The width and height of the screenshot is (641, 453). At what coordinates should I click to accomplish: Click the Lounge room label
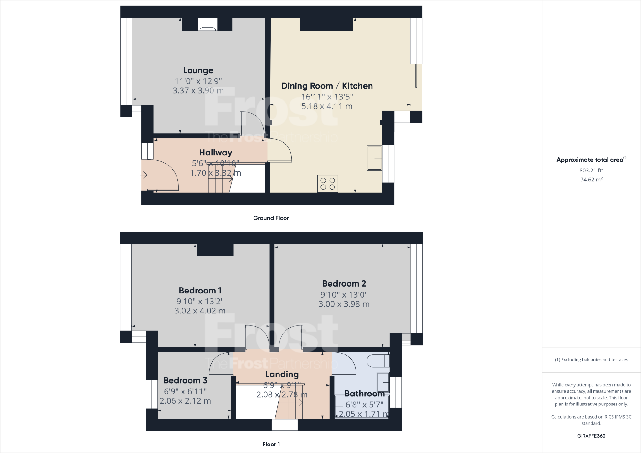click(198, 70)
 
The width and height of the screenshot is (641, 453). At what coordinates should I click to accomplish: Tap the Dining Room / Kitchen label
click(327, 86)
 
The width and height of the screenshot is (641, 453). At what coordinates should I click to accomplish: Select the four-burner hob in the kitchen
click(328, 184)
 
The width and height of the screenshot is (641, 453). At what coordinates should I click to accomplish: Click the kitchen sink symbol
click(375, 158)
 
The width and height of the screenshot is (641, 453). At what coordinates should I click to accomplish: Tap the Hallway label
click(216, 153)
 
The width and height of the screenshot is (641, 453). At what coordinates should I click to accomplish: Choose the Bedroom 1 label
click(200, 290)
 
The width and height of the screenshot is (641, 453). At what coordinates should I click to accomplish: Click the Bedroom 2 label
click(344, 283)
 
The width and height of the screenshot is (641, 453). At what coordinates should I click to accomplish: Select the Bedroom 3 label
click(185, 380)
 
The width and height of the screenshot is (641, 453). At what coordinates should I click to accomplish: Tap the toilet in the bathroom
click(378, 361)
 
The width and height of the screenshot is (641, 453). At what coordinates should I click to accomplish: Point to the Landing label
click(282, 374)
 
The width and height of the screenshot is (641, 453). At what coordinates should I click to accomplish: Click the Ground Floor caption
click(271, 218)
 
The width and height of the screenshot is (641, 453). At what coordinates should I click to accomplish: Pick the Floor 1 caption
click(271, 444)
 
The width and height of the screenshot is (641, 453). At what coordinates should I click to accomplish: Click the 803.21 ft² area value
click(591, 171)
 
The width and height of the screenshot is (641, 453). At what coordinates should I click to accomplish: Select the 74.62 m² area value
click(591, 180)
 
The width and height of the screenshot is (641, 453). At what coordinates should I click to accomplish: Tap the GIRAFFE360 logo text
click(591, 436)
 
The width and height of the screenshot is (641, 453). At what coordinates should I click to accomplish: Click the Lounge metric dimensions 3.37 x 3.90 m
click(198, 91)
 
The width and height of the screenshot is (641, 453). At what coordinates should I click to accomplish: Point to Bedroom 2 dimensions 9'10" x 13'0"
click(344, 294)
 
